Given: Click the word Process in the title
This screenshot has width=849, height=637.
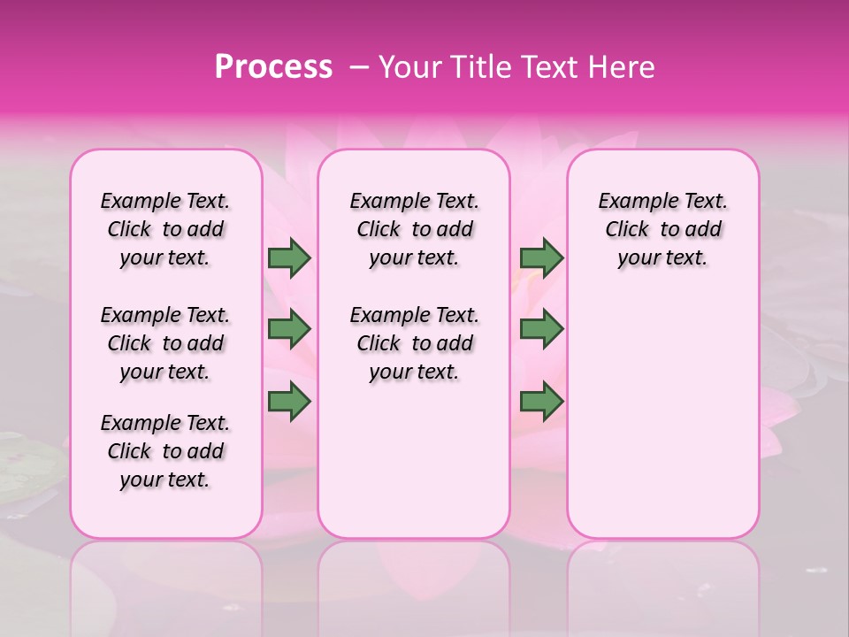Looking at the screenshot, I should [273, 67].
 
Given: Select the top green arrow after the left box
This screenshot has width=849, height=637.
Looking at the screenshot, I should [289, 258].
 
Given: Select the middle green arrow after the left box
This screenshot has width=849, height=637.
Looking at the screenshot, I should [289, 329].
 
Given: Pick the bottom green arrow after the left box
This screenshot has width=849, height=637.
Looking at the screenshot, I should [289, 402].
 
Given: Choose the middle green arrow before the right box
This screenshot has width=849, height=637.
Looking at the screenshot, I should [542, 329].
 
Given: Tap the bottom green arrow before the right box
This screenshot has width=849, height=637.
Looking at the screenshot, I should [542, 402].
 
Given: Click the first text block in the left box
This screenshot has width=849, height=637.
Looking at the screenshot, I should [165, 229].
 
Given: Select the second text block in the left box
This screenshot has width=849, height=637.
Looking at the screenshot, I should [165, 343].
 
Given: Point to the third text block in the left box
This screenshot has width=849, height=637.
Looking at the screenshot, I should [165, 451].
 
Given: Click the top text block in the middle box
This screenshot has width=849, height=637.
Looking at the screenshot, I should [415, 229].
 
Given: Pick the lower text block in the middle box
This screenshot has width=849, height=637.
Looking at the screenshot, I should [415, 343].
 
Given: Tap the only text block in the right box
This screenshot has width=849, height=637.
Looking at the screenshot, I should [663, 229].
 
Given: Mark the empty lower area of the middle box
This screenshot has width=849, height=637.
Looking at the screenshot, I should [414, 460].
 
